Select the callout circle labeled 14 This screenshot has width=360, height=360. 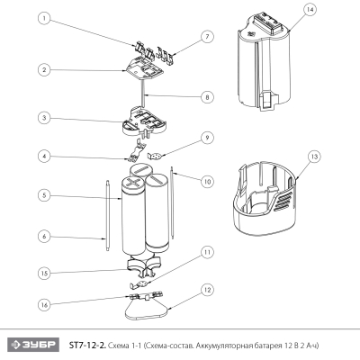(310, 10)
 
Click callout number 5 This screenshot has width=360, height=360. (43, 193)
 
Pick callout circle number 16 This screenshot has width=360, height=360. (43, 305)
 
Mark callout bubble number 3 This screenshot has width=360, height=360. (43, 118)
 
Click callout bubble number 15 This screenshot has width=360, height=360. (43, 273)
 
